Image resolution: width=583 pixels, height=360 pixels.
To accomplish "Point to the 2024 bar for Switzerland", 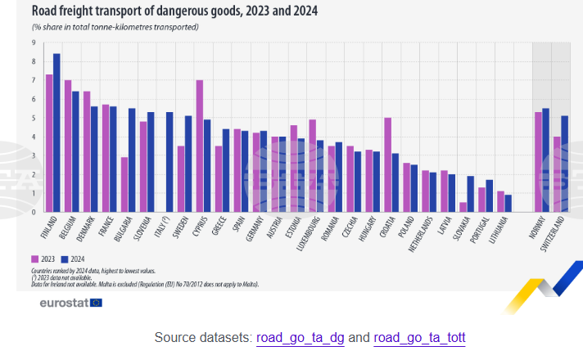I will (x=565, y=164).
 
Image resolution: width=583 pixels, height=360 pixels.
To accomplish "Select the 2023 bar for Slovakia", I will (x=463, y=207).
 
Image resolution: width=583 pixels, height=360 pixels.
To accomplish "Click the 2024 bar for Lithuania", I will (x=508, y=204).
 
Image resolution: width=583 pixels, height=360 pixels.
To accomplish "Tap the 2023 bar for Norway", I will (x=538, y=162).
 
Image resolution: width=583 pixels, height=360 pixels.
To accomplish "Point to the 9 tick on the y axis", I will (x=34, y=43).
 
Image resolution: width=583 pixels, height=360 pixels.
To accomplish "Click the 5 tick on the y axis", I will (x=34, y=118).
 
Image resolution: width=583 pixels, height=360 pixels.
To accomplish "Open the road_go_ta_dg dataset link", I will (x=300, y=338).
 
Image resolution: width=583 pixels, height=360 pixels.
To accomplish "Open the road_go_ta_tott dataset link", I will (x=420, y=338).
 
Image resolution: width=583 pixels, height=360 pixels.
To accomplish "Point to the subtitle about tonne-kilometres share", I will (x=115, y=27).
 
